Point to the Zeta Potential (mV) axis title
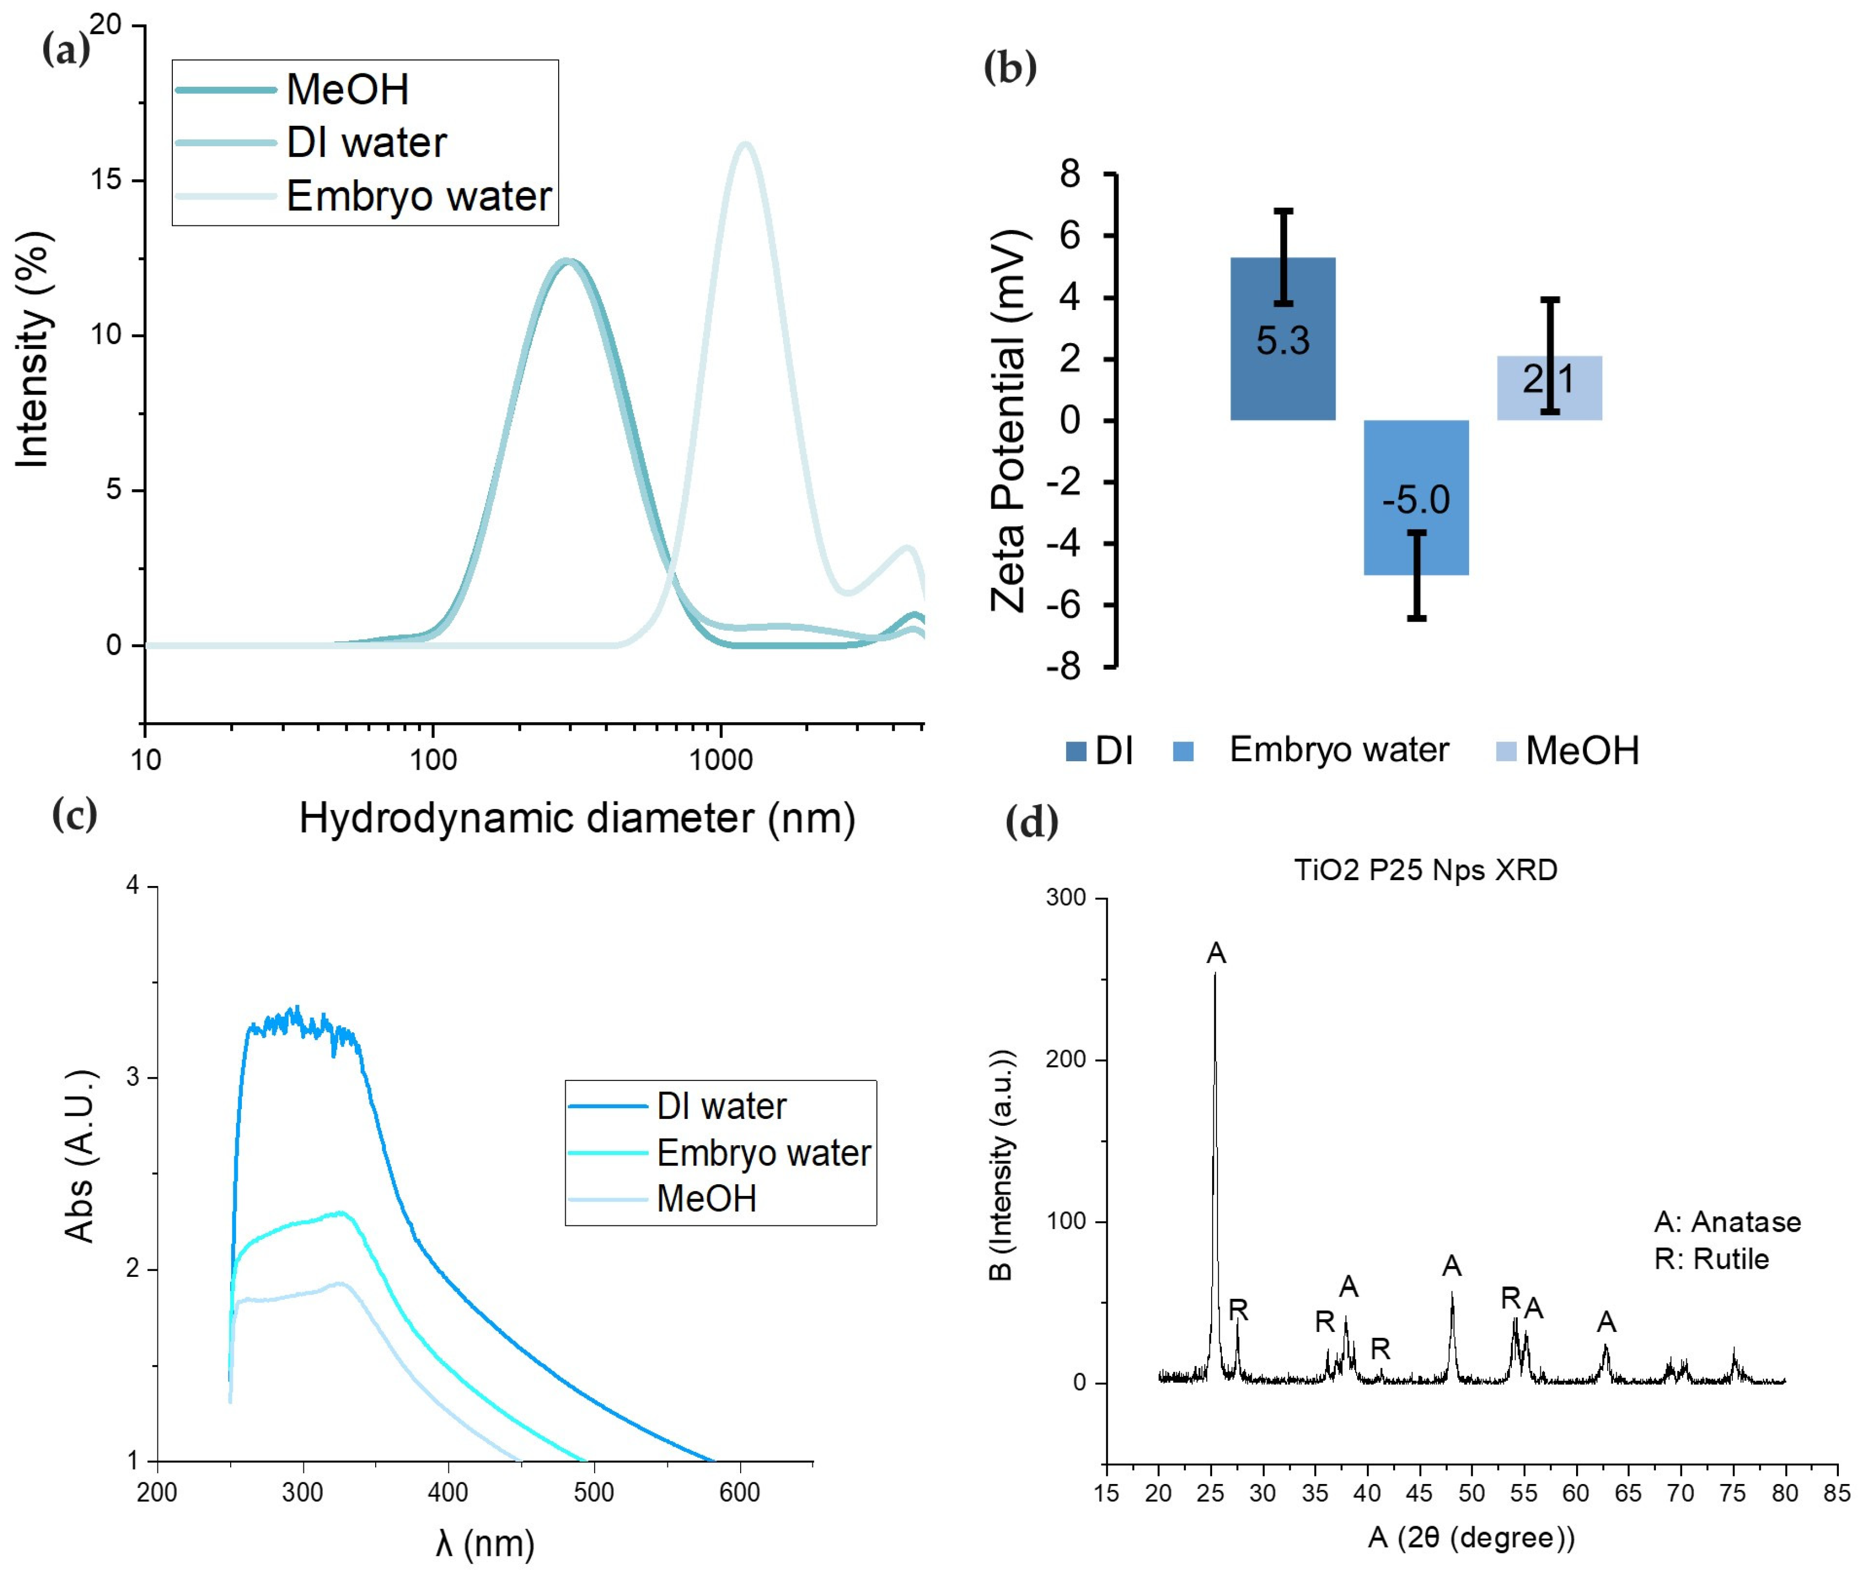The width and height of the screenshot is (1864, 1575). [1010, 420]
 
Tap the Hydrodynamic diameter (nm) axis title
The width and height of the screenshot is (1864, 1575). [577, 818]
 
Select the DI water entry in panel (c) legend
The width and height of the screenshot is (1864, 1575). [721, 1106]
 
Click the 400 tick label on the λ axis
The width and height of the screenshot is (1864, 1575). [447, 1492]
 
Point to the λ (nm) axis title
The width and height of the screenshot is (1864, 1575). [485, 1543]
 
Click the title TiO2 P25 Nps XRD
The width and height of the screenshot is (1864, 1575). [1426, 869]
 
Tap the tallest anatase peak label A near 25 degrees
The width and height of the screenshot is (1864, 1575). [1216, 953]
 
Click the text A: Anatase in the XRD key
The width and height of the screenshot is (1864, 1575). [1728, 1222]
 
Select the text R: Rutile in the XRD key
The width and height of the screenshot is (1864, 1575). [1711, 1259]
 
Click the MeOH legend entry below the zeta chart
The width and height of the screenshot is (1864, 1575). [1582, 750]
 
